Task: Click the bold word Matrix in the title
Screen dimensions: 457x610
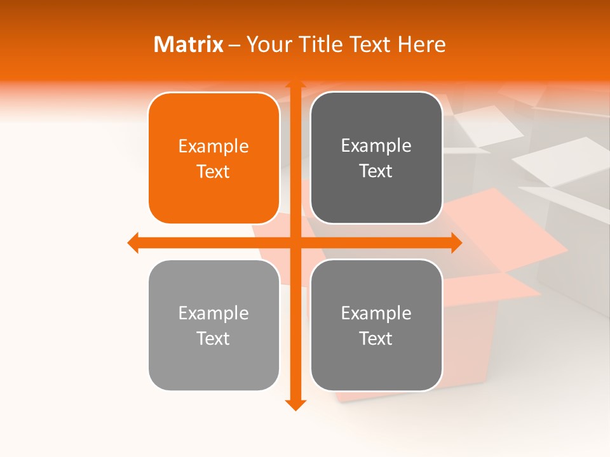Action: pos(189,44)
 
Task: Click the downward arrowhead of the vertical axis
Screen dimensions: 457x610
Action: pos(295,404)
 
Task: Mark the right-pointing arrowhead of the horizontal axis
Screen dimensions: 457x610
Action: pos(456,242)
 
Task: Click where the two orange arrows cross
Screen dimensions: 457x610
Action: pos(295,242)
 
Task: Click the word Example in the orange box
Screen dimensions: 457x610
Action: pos(213,147)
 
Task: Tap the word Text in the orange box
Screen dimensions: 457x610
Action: pos(213,171)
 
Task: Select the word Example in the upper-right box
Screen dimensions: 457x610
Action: pos(376,146)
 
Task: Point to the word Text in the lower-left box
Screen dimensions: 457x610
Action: pos(213,338)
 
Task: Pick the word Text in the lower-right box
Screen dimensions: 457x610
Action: pos(376,338)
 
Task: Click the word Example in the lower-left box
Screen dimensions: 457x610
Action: pos(213,314)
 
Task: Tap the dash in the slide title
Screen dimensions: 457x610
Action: pos(235,45)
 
